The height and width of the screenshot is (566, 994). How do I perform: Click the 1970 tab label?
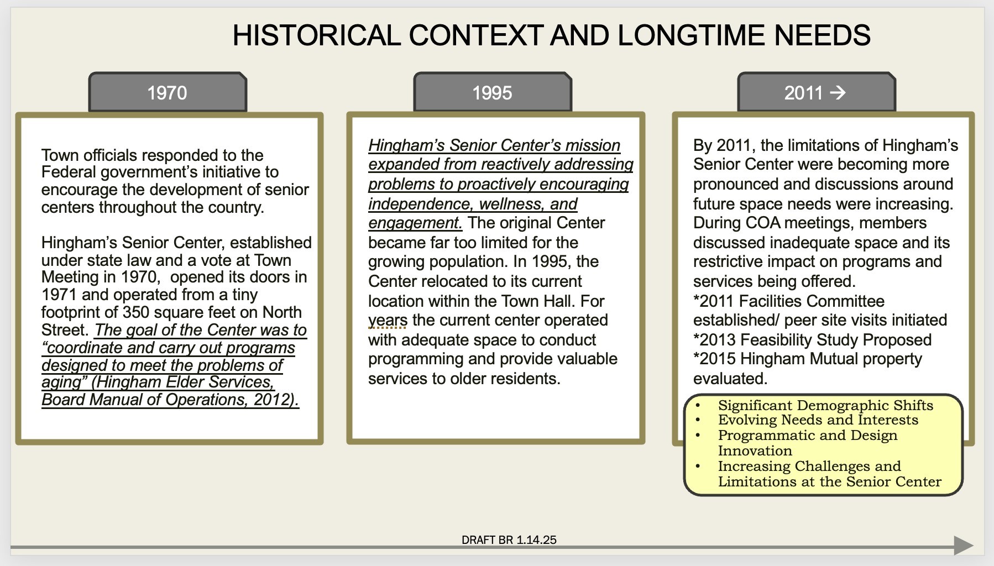167,93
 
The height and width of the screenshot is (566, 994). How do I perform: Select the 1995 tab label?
492,93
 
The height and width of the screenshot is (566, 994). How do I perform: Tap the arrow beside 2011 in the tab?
838,92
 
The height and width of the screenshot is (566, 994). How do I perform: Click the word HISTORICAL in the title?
316,35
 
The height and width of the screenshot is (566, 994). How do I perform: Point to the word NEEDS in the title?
822,35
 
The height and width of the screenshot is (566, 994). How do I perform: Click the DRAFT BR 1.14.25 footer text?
509,540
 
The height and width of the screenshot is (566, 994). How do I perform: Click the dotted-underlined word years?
388,321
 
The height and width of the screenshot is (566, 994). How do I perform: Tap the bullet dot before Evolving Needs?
698,421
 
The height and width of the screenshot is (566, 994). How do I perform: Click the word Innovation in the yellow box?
755,451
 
